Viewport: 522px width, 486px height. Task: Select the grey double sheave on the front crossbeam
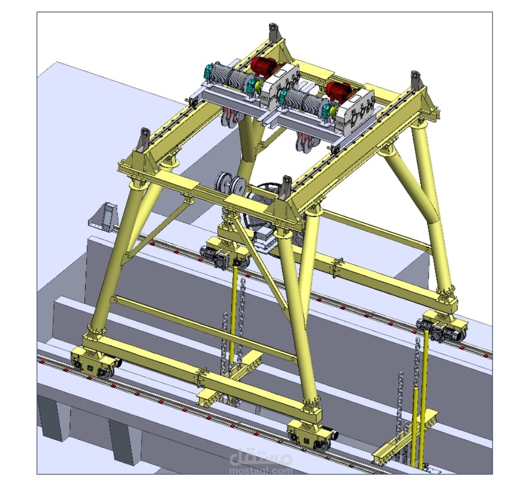(231, 182)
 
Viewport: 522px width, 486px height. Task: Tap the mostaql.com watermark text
(261, 471)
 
